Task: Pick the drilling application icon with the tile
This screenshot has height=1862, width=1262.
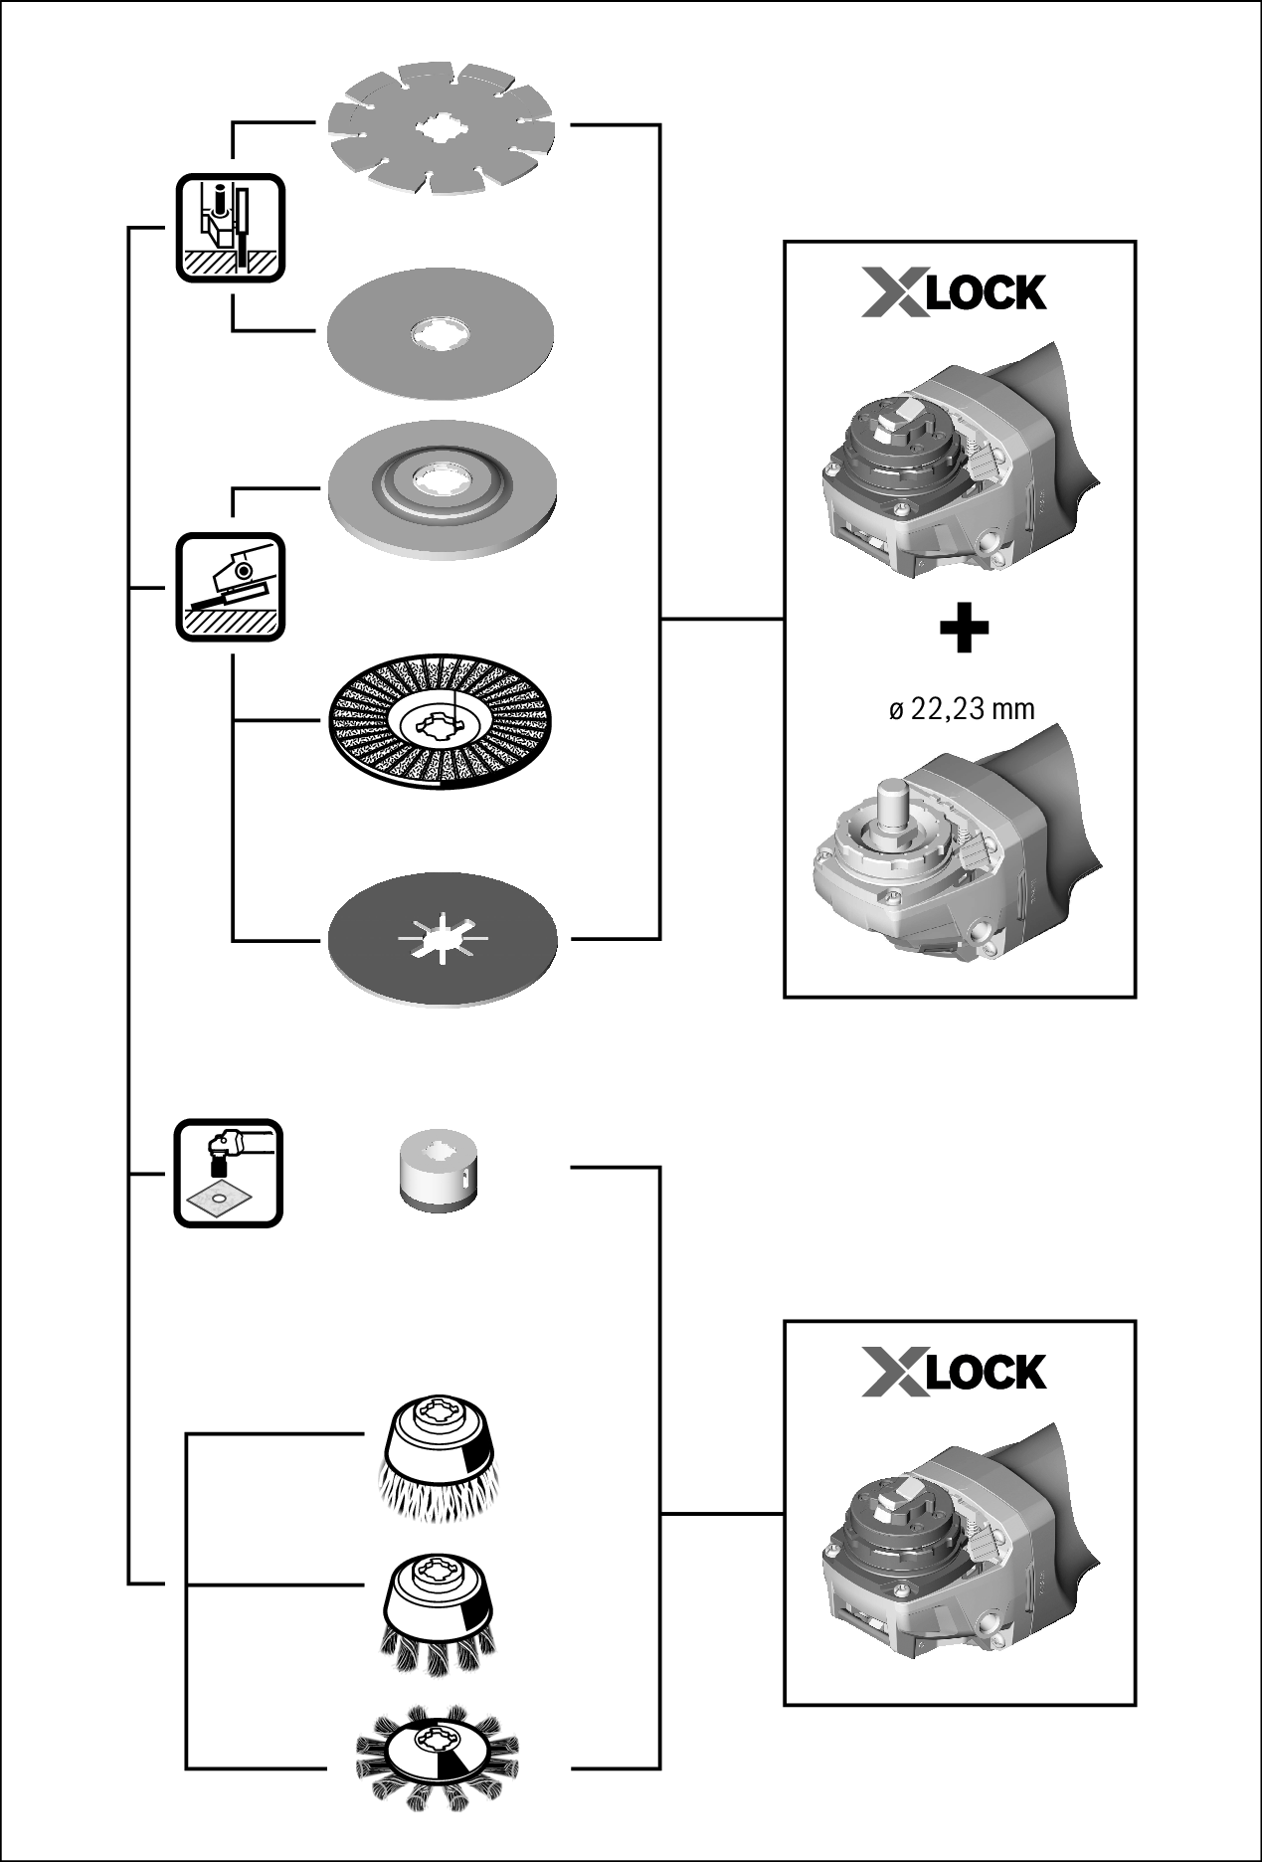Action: tap(229, 1174)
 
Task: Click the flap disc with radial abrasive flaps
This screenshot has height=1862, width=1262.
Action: tap(442, 720)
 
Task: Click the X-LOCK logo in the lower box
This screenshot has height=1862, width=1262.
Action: tap(954, 1372)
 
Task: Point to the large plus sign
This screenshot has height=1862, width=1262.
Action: tap(963, 630)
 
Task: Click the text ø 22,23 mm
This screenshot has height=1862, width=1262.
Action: tap(961, 709)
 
